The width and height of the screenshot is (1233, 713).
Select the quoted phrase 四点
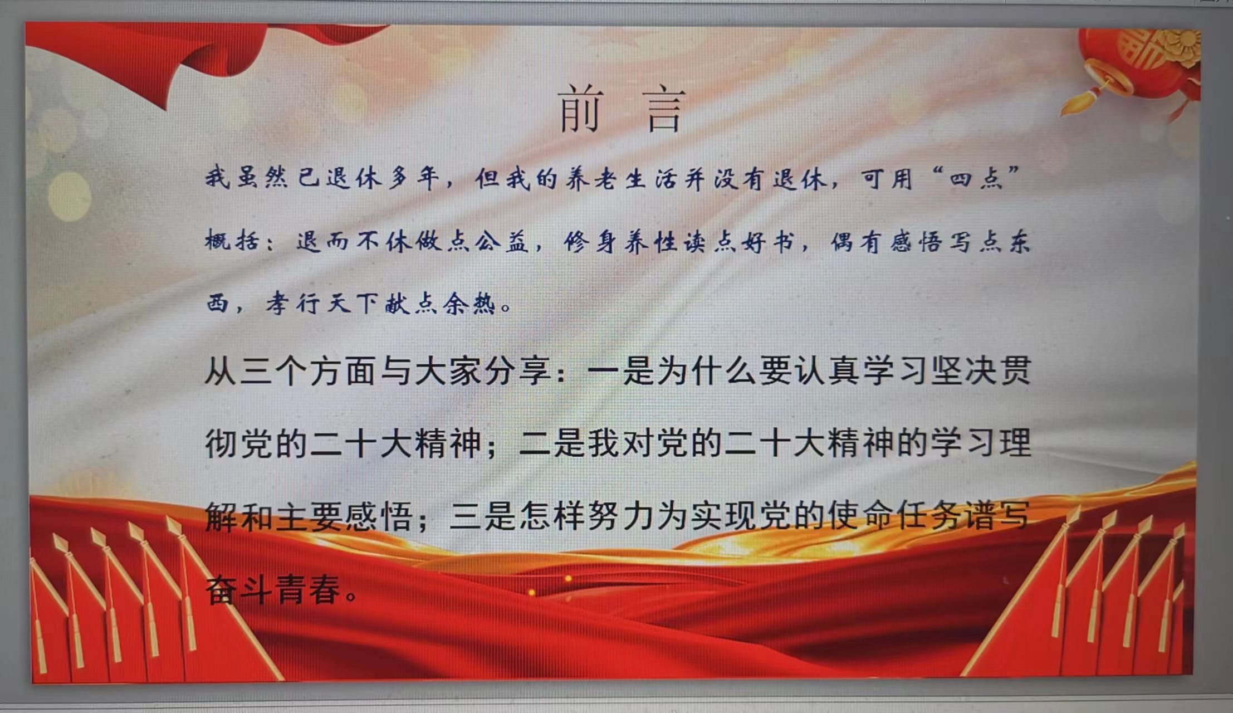click(x=977, y=179)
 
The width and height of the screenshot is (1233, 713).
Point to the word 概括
click(x=232, y=241)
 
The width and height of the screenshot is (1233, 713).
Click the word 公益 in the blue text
click(x=502, y=242)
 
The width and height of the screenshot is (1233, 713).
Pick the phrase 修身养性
click(x=622, y=242)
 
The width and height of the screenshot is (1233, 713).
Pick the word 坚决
click(x=962, y=371)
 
